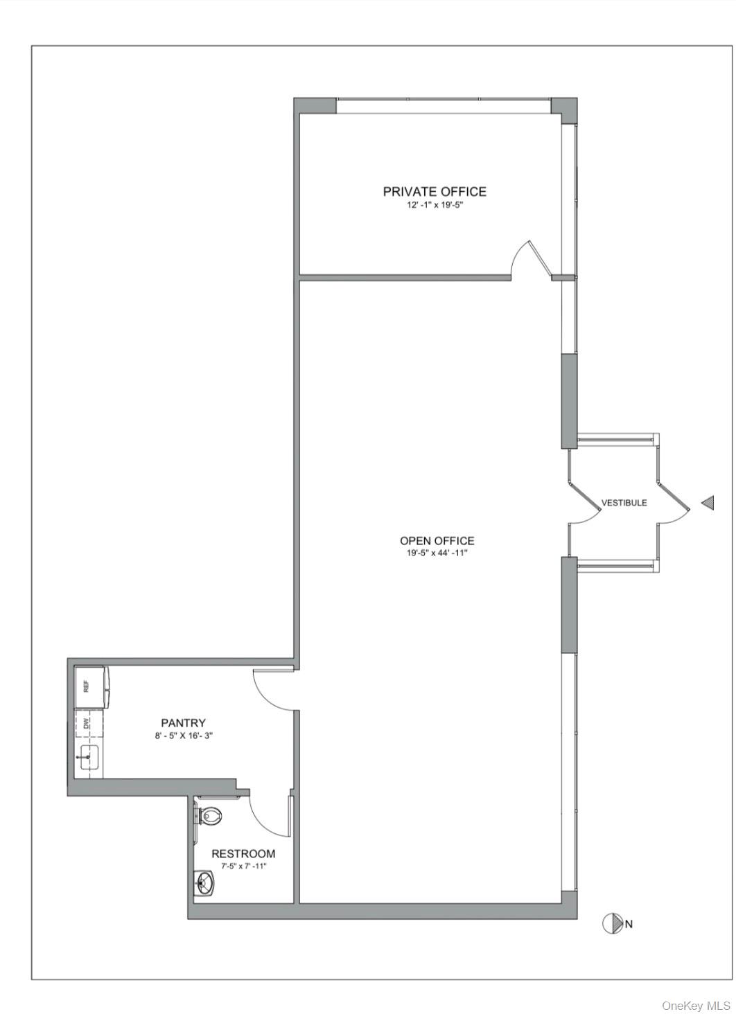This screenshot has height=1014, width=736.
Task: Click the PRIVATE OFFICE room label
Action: pos(435,191)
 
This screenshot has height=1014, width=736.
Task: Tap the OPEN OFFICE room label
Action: pos(437,540)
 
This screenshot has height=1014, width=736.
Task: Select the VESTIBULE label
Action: pos(624,502)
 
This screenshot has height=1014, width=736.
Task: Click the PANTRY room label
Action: pos(183,723)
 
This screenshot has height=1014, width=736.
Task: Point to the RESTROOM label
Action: pos(243,854)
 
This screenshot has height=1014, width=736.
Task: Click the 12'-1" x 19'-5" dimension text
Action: pos(435,205)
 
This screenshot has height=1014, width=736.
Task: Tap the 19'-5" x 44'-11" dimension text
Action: pos(437,553)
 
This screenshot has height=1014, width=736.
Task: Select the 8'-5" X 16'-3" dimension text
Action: pos(184,736)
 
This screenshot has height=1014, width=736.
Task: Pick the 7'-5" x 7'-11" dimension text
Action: pos(244,866)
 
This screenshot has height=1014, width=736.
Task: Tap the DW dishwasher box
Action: pos(89,724)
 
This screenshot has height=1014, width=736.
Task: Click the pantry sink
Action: pos(89,756)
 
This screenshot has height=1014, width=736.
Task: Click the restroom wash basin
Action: pos(206,882)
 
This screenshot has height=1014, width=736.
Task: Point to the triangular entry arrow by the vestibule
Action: pos(708,502)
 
